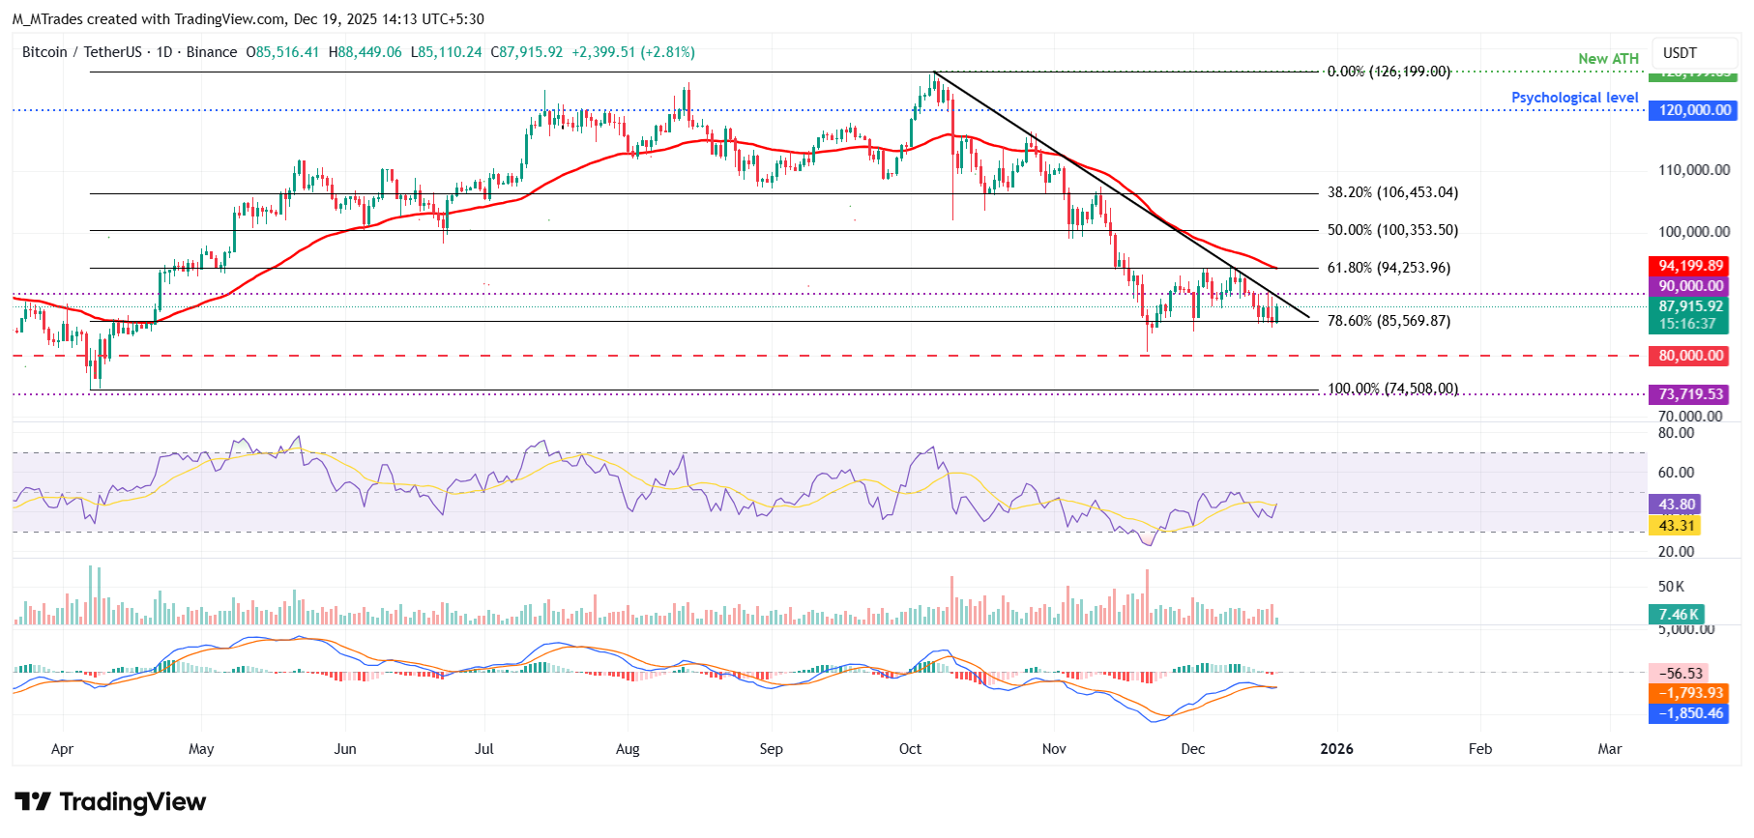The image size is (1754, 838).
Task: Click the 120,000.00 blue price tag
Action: [x=1694, y=110]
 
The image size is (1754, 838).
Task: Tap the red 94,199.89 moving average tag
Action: [x=1690, y=266]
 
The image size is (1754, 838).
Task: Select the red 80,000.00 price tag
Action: [x=1690, y=356]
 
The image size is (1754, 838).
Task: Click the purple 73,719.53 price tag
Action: [x=1690, y=394]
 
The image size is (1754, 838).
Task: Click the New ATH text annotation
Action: [x=1608, y=59]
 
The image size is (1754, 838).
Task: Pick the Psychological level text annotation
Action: [x=1574, y=98]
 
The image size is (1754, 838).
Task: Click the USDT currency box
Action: [x=1680, y=53]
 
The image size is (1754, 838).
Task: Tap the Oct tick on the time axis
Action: [x=910, y=749]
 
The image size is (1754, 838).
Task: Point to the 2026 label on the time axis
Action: [x=1336, y=749]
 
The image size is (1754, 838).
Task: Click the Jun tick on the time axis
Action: [x=344, y=749]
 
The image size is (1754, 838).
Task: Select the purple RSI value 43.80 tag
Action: [x=1677, y=505]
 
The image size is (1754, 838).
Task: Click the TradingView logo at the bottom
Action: [x=110, y=802]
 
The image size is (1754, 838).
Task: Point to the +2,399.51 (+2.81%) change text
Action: [x=632, y=52]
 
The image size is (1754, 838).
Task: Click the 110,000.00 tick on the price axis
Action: [x=1694, y=170]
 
